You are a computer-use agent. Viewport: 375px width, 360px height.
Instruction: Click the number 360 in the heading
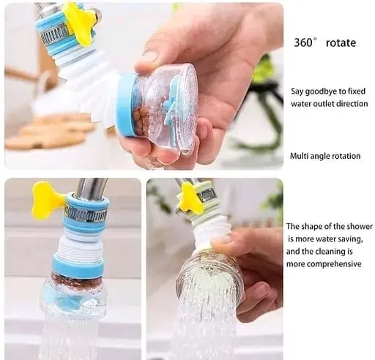pyautogui.click(x=303, y=42)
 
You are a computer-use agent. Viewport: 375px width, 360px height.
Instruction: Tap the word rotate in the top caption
pyautogui.click(x=341, y=43)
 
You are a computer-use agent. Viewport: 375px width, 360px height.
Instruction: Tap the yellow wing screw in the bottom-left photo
pyautogui.click(x=46, y=200)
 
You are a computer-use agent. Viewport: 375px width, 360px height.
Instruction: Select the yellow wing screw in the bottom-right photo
pyautogui.click(x=192, y=198)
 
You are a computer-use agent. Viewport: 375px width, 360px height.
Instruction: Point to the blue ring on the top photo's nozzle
pyautogui.click(x=125, y=106)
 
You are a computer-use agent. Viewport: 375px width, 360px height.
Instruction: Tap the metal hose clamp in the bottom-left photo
pyautogui.click(x=86, y=214)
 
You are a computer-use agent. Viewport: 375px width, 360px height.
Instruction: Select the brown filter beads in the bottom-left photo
pyautogui.click(x=75, y=280)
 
